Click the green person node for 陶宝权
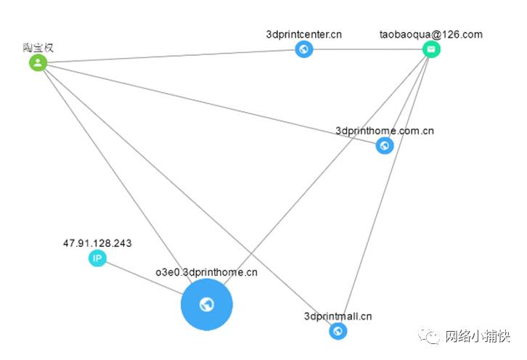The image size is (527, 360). [x=38, y=63]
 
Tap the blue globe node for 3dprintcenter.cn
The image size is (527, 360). [x=304, y=49]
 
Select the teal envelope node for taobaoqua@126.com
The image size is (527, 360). [x=432, y=49]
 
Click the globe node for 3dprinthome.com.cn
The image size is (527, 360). [x=385, y=146]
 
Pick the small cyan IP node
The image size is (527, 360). [x=97, y=258]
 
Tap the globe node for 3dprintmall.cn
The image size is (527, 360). [x=338, y=331]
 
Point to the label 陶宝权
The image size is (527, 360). [x=38, y=48]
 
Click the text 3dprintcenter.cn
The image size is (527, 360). [x=304, y=33]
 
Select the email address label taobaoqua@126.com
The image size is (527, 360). [x=431, y=34]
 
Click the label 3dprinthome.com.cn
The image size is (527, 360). [x=385, y=131]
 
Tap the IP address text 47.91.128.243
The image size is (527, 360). [x=97, y=243]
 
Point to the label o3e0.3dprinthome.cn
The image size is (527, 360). [x=207, y=272]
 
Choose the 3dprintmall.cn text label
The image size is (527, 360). [x=338, y=316]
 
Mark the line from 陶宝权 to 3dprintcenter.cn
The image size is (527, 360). [x=171, y=56]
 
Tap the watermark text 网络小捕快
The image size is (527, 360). [x=478, y=337]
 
